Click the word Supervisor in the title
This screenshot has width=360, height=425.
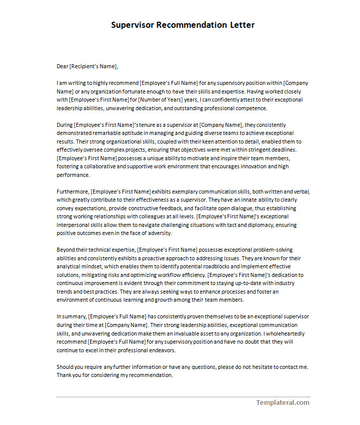click(132, 25)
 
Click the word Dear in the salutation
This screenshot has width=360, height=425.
click(62, 66)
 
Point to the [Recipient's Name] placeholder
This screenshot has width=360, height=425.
click(94, 66)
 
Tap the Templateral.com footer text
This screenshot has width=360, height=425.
click(282, 403)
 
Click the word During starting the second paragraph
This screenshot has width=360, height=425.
click(65, 125)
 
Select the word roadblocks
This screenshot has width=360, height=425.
click(230, 267)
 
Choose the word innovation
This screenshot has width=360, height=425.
click(251, 167)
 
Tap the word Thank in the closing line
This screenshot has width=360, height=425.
click(64, 375)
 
